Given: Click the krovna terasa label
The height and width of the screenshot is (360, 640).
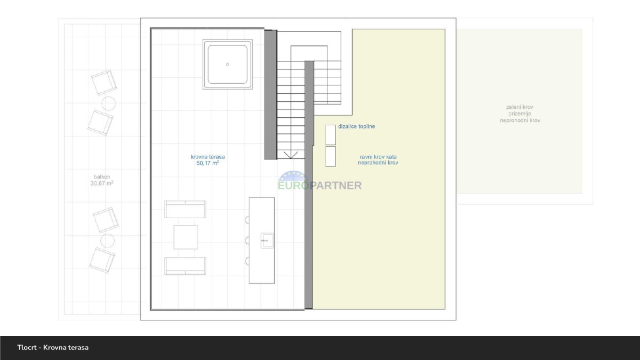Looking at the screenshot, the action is (x=207, y=157).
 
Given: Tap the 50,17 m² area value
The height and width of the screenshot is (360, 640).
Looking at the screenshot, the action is (x=207, y=163).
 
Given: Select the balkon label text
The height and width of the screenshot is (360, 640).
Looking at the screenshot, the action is (x=102, y=177).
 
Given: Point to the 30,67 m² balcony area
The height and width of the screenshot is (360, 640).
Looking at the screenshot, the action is (x=102, y=183).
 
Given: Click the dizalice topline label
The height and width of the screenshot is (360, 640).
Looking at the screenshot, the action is (x=357, y=126).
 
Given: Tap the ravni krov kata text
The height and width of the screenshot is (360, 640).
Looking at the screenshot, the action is (x=378, y=157).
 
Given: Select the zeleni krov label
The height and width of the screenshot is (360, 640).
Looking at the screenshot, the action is (x=519, y=107).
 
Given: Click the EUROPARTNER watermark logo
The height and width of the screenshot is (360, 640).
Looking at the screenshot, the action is (x=320, y=181).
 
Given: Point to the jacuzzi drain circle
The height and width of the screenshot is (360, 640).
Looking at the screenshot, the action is (x=227, y=65).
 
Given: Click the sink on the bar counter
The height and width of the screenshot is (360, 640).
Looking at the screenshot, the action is (x=267, y=241).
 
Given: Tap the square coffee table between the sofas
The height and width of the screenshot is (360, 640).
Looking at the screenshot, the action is (x=186, y=237).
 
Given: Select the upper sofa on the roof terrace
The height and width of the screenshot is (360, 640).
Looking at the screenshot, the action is (x=185, y=209).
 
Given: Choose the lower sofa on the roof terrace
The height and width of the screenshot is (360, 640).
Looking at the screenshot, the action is (x=185, y=266).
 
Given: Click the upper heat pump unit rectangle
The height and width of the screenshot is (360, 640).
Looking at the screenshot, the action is (x=331, y=135).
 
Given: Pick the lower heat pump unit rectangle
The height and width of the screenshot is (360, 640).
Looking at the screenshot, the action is (x=331, y=156).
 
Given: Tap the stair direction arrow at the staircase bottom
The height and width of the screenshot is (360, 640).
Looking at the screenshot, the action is (x=291, y=155).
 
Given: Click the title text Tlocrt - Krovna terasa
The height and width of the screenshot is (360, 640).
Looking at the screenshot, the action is (x=53, y=347).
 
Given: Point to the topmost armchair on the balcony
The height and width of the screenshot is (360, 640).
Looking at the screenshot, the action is (x=104, y=82).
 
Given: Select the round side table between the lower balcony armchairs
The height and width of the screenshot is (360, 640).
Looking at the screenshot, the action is (x=108, y=241).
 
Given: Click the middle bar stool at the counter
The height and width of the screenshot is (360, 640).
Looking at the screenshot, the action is (x=247, y=241).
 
